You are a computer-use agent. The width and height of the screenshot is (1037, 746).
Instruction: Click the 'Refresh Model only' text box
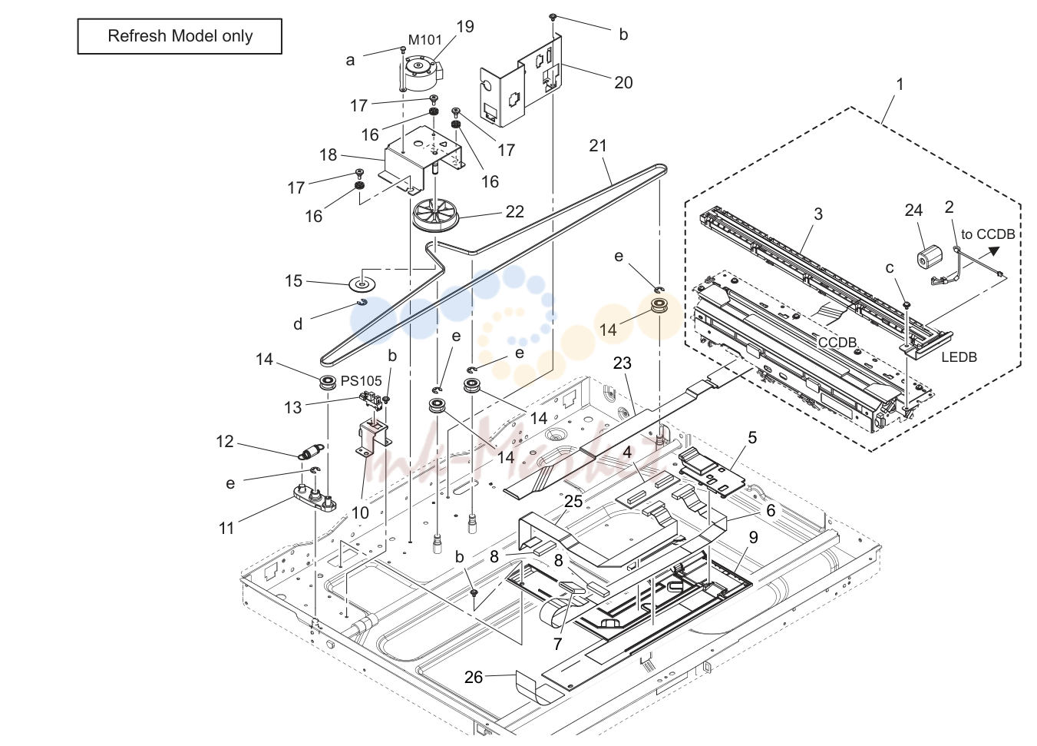pyautogui.click(x=180, y=36)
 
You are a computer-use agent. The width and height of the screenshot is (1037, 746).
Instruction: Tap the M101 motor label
pyautogui.click(x=425, y=40)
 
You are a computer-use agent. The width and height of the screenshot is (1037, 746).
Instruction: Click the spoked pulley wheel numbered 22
pyautogui.click(x=436, y=217)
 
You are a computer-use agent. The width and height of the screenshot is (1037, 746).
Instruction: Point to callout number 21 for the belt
pyautogui.click(x=598, y=145)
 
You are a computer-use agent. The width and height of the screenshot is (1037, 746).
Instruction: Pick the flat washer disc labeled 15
pyautogui.click(x=362, y=283)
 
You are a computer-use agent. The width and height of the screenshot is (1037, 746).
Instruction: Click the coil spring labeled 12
pyautogui.click(x=310, y=451)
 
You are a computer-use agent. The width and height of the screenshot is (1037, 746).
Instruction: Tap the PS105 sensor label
pyautogui.click(x=361, y=381)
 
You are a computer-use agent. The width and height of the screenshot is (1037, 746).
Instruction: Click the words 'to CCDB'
pyautogui.click(x=988, y=234)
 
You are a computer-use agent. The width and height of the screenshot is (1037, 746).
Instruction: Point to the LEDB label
pyautogui.click(x=959, y=356)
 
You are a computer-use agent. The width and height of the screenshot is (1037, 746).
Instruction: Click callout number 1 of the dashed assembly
pyautogui.click(x=900, y=85)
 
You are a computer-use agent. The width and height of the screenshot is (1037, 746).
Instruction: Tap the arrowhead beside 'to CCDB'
pyautogui.click(x=993, y=250)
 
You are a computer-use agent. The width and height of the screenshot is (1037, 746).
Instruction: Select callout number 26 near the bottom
pyautogui.click(x=474, y=677)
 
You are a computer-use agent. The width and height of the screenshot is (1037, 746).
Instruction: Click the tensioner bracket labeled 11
pyautogui.click(x=315, y=498)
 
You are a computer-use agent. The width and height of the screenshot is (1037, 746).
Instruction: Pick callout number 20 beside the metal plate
pyautogui.click(x=623, y=82)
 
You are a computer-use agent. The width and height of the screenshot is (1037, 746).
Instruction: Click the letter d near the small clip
pyautogui.click(x=298, y=324)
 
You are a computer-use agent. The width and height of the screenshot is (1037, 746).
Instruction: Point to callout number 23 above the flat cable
pyautogui.click(x=623, y=363)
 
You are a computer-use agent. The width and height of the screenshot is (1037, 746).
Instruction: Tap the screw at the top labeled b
pyautogui.click(x=553, y=17)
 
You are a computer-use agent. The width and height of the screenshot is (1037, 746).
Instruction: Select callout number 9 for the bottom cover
pyautogui.click(x=753, y=538)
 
